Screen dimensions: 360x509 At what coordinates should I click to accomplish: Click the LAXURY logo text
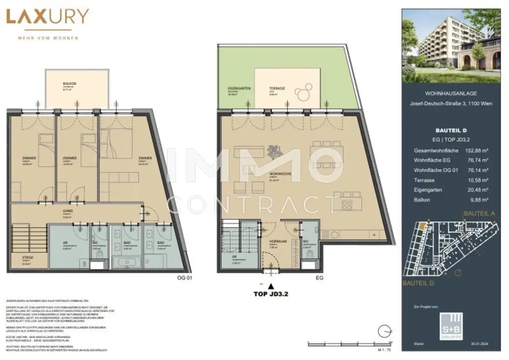[x=47, y=17]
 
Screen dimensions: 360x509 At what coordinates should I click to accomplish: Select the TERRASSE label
[x=278, y=88]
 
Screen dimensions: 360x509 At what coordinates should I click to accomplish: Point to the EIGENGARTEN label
[x=239, y=88]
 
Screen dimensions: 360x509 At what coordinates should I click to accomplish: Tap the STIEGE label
[x=28, y=258]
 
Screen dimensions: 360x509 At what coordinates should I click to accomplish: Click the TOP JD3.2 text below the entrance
[x=271, y=294]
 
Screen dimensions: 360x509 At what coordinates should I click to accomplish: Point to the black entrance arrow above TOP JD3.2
[x=271, y=286]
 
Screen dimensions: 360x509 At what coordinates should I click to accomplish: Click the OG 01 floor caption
[x=184, y=277]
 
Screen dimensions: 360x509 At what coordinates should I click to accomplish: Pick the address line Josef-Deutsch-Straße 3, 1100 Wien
[x=451, y=103]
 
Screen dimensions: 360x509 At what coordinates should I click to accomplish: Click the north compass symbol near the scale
[x=383, y=330]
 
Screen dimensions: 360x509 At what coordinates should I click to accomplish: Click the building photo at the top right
[x=451, y=46]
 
